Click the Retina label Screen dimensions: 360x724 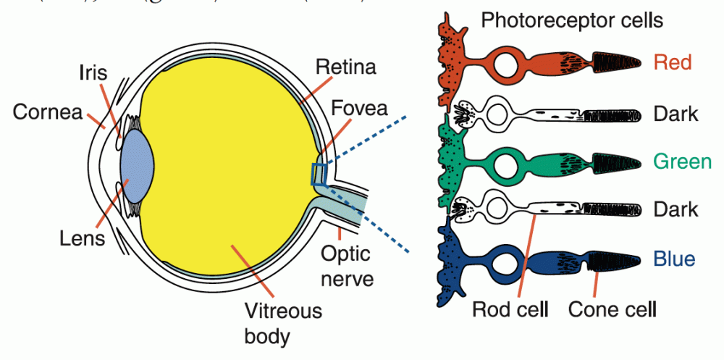coord(346,69)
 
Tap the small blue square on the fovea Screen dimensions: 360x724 coord(319,174)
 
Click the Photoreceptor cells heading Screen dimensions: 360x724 coord(572,20)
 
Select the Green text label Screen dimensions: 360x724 coord(682,161)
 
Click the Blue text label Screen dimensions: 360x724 coord(673,259)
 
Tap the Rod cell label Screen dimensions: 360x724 coord(510,310)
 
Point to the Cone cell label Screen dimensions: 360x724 coord(613,310)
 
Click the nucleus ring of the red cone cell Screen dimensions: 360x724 coord(508,64)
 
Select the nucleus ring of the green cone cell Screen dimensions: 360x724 coord(508,161)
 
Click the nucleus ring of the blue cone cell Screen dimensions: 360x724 coord(508,259)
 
